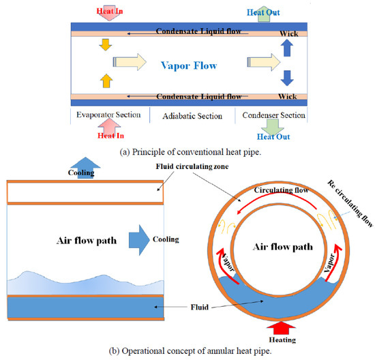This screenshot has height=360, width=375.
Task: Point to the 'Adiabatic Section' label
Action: (192, 116)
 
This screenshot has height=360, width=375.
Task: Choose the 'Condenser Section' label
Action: (274, 115)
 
